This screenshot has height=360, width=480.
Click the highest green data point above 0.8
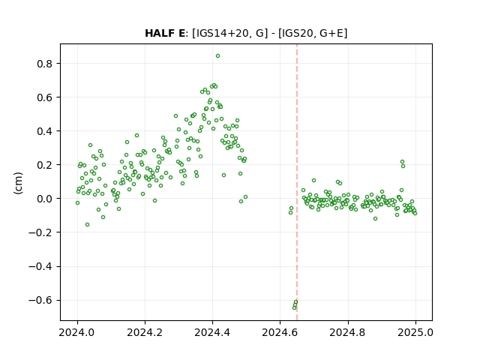(217, 56)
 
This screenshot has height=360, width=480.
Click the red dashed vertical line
(297, 182)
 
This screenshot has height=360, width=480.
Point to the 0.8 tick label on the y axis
(45, 64)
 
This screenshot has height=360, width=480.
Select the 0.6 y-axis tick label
(45, 97)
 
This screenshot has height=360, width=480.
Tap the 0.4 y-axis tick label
(45, 131)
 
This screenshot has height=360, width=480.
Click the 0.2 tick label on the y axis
(45, 165)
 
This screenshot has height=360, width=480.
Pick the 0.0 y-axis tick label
(45, 199)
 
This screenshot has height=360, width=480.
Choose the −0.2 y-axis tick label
(41, 232)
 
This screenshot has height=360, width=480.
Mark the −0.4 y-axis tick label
(41, 266)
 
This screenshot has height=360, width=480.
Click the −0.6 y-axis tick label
(41, 300)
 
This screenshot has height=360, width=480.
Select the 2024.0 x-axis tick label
(77, 332)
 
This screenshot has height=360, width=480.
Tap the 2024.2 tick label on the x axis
(145, 332)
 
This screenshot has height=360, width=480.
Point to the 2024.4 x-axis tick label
(212, 332)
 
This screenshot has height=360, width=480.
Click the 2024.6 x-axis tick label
(280, 332)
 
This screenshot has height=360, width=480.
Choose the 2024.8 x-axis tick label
(348, 332)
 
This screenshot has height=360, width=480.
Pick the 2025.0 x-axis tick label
(415, 332)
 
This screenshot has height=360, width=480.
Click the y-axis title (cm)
(18, 183)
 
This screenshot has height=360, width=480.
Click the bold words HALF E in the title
(165, 33)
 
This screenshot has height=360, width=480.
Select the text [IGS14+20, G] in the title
(230, 33)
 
